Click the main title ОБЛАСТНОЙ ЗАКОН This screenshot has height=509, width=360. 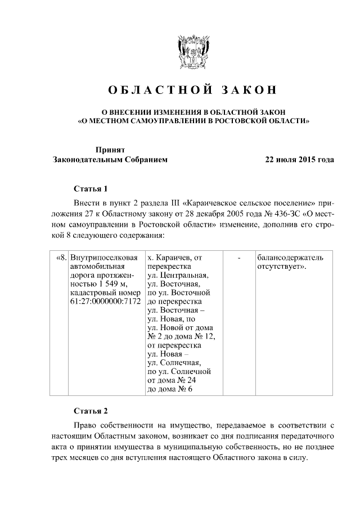pos(193,91)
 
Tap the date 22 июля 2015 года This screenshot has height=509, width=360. pos(300,159)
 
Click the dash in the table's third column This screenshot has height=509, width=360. pos(240,258)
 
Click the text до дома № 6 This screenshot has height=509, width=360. pos(170,390)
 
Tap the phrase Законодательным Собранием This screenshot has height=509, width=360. pos(110,159)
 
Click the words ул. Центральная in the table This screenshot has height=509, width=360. pos(177,276)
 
